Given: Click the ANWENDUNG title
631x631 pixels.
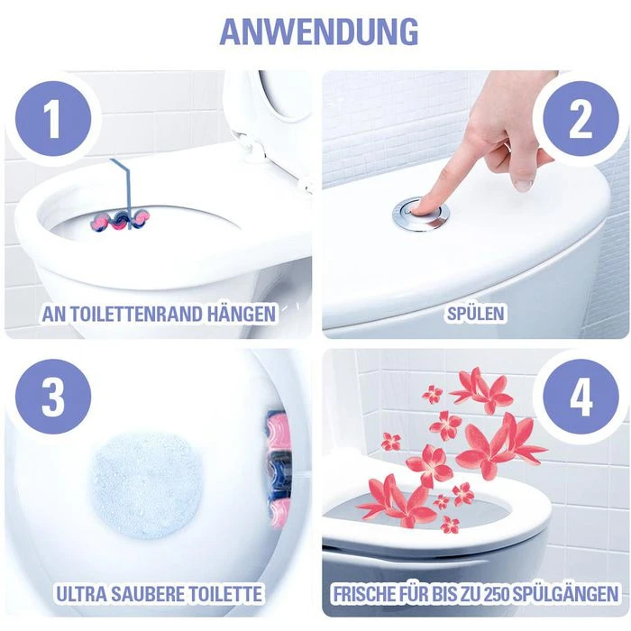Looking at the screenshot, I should [317, 31].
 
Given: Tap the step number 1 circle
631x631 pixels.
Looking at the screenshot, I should [52, 119].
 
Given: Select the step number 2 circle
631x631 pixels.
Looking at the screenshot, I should [581, 119].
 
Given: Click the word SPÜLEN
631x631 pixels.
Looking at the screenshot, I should [475, 315].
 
